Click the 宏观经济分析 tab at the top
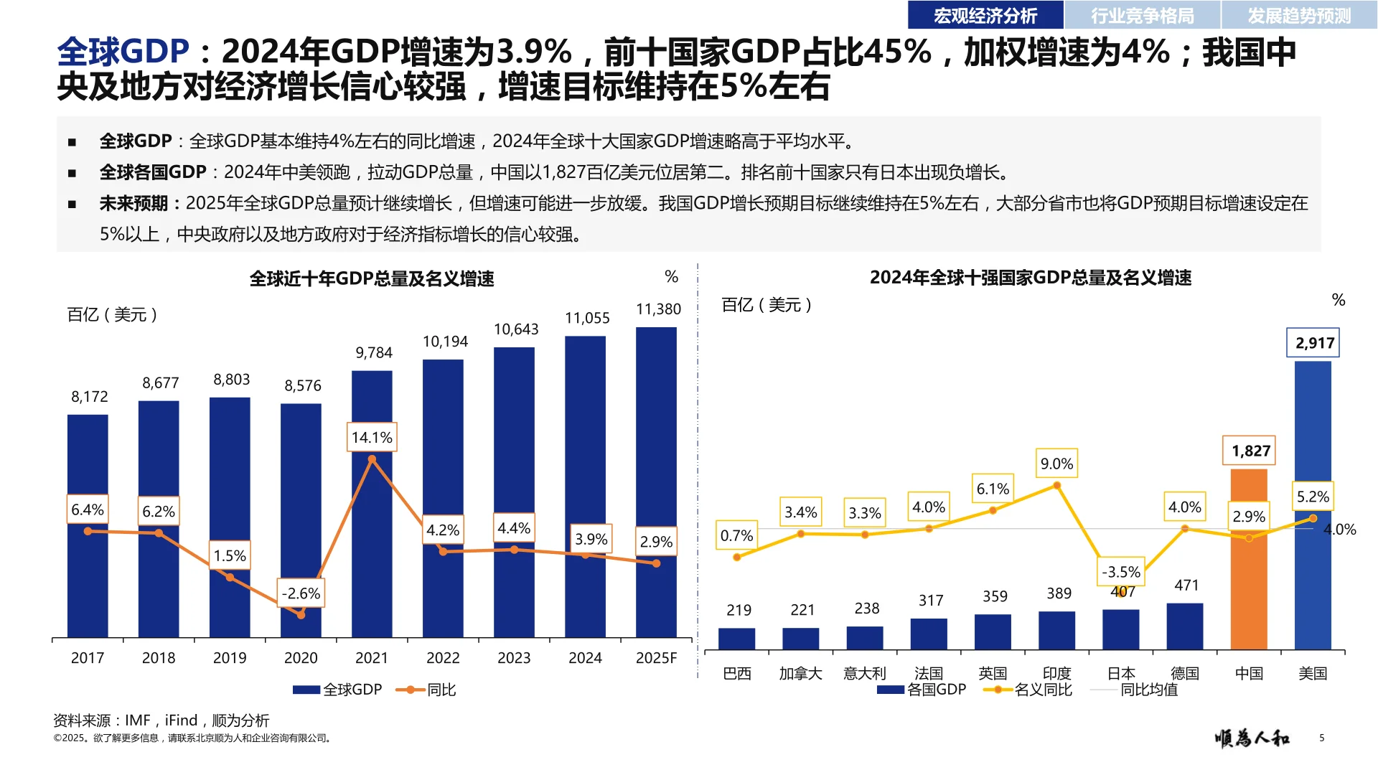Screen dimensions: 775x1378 tap(985, 15)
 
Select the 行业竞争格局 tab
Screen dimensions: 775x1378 tap(1142, 15)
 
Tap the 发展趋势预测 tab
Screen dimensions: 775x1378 tap(1298, 15)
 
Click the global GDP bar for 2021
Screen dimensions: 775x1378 tap(372, 545)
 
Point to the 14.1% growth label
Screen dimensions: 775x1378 tap(372, 437)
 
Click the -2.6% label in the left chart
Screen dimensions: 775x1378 tap(301, 593)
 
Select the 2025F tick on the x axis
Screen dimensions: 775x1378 tap(656, 658)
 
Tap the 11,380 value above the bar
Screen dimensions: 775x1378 tap(658, 309)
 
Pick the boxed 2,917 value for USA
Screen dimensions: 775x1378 tap(1315, 343)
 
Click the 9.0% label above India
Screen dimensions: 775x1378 tap(1056, 464)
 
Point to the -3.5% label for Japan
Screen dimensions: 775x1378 tap(1120, 572)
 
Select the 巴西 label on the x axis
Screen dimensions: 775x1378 tap(737, 673)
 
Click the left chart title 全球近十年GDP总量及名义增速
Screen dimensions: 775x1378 tap(372, 278)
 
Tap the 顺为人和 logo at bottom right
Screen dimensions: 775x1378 tap(1252, 738)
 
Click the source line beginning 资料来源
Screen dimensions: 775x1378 tap(161, 720)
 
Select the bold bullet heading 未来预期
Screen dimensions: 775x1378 tap(133, 204)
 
